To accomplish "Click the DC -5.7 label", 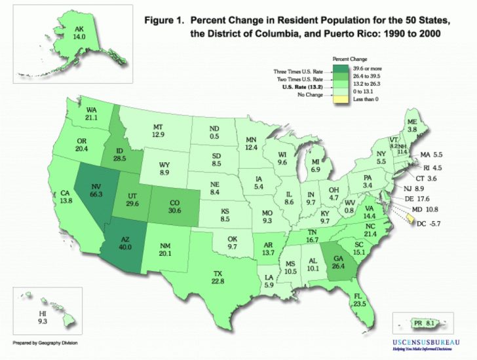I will (425, 223).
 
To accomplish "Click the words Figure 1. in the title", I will (163, 20).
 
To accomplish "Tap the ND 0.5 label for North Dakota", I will (213, 132).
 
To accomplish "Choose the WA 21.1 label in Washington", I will (90, 114).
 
